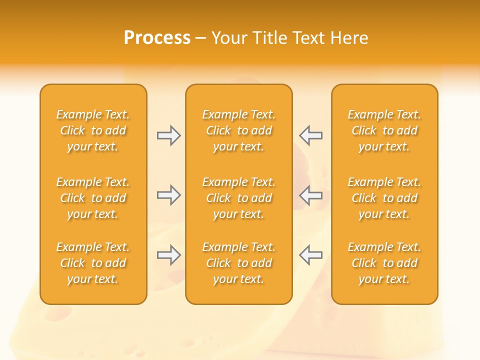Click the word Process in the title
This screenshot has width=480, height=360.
(x=157, y=38)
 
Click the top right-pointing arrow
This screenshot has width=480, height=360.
(x=168, y=135)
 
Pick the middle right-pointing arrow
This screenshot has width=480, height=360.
(x=168, y=195)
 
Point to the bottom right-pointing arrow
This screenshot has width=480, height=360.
(x=168, y=255)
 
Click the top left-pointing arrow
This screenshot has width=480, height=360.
(x=310, y=135)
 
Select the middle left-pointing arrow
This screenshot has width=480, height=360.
(x=310, y=195)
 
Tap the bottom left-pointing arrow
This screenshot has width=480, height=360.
(x=310, y=255)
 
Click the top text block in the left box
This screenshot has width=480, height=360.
(x=93, y=130)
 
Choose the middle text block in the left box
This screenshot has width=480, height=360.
(x=93, y=198)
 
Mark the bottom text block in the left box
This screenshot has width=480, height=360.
(x=93, y=263)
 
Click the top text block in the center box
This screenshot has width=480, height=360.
(x=239, y=130)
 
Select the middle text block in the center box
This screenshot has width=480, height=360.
(x=239, y=198)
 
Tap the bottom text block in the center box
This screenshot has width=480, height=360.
(x=239, y=263)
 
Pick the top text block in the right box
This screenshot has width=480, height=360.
(x=384, y=130)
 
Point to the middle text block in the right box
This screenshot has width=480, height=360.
(x=384, y=198)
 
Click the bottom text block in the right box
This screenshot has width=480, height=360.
(x=384, y=263)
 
